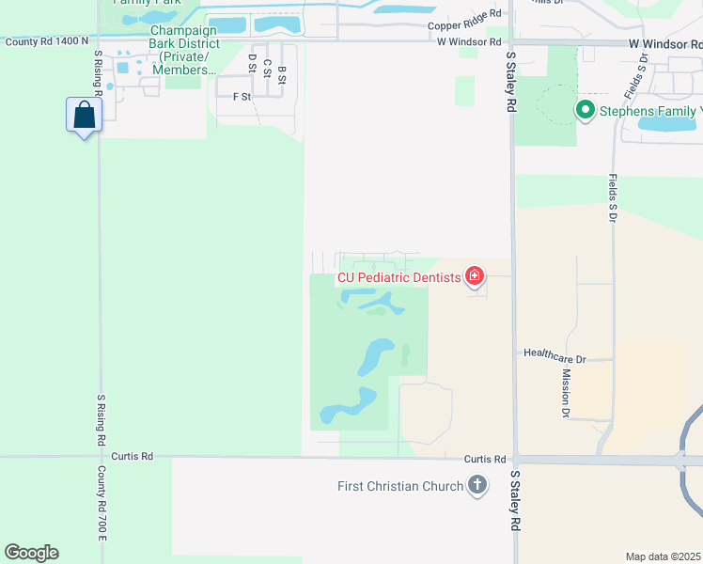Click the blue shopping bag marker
[85, 116]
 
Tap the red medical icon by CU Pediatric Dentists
[475, 276]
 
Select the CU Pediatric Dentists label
[399, 277]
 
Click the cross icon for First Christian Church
[477, 486]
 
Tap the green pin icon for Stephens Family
[586, 111]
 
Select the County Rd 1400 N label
[46, 41]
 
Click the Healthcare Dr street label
[555, 358]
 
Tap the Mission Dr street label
[567, 392]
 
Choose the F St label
[242, 96]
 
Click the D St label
[252, 63]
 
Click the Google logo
[31, 553]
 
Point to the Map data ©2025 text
[663, 556]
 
